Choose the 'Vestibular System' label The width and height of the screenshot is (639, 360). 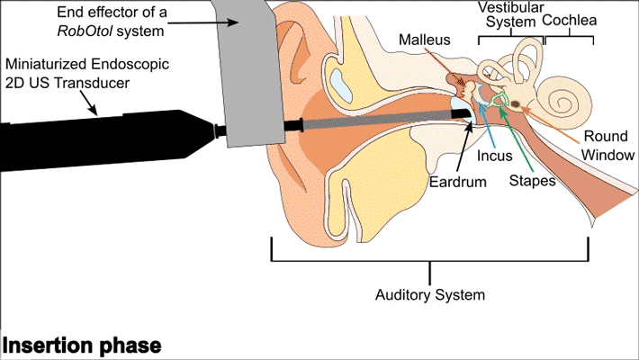[509, 15]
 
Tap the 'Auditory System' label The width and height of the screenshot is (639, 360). [430, 294]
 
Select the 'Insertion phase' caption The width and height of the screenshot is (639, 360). [82, 346]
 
